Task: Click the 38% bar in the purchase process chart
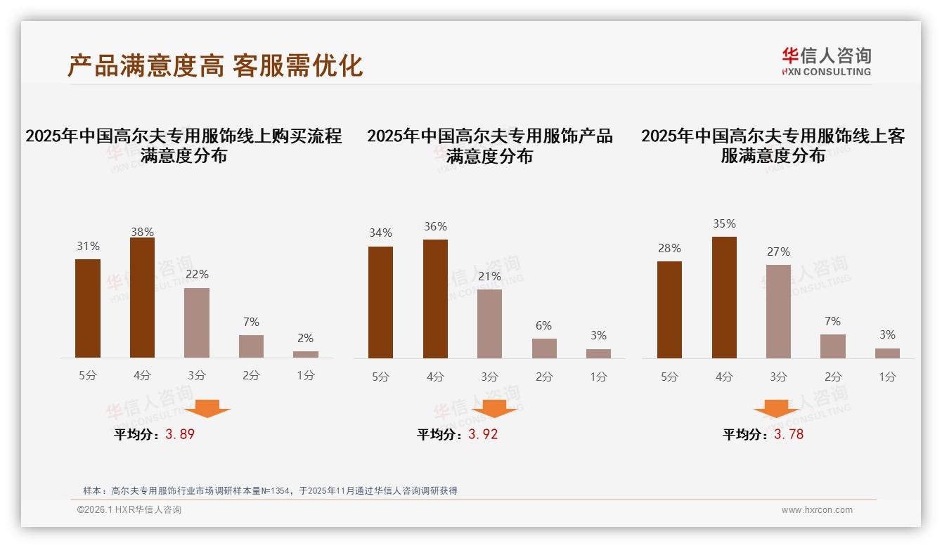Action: click(x=142, y=298)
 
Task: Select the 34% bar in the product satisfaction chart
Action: click(x=380, y=302)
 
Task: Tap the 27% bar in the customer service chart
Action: click(x=778, y=311)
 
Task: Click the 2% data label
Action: click(x=305, y=338)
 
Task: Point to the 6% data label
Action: click(x=543, y=325)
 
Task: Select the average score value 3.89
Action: click(x=180, y=434)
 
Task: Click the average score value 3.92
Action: click(x=483, y=434)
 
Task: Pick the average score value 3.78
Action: click(x=789, y=434)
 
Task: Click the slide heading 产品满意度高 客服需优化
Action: click(x=215, y=65)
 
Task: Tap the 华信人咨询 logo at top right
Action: click(x=826, y=61)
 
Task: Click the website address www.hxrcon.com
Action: click(x=817, y=510)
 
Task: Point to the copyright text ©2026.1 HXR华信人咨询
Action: click(x=129, y=510)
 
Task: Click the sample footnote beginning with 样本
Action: click(x=271, y=490)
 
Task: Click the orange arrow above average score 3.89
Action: click(x=207, y=409)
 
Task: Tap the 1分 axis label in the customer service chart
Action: click(x=887, y=377)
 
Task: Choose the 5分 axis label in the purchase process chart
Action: click(x=88, y=376)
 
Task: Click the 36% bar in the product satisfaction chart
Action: click(x=435, y=299)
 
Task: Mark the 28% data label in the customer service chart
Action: click(x=669, y=248)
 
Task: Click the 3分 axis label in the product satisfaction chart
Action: click(x=489, y=377)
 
